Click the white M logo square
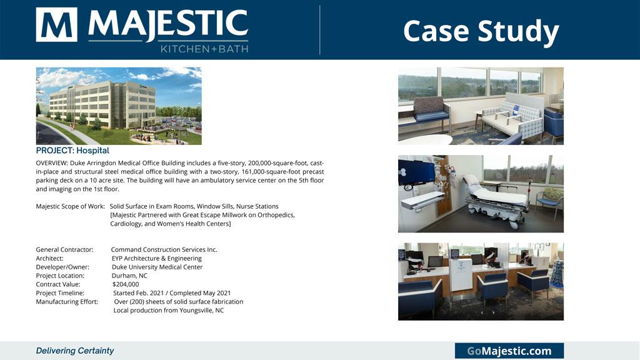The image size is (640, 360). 56,24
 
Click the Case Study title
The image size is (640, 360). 481,31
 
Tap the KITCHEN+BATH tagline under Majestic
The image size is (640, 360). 204,49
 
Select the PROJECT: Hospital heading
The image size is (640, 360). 72,150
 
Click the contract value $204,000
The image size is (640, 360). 125,284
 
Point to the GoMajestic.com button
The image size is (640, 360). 509,351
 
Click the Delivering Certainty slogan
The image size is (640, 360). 75,351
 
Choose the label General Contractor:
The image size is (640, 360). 64,249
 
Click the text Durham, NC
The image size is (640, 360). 129,276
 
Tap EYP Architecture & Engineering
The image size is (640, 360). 157,258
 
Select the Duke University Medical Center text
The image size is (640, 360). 157,267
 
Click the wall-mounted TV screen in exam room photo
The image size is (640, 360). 416,171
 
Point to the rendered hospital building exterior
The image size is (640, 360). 102,104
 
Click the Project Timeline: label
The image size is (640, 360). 60,293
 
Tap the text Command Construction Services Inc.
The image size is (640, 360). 164,249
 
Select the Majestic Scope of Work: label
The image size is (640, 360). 70,206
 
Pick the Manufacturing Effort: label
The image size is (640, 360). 67,302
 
